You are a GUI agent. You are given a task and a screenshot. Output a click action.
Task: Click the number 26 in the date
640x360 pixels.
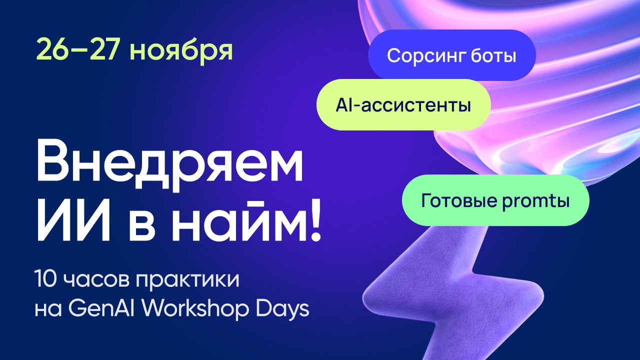(51, 49)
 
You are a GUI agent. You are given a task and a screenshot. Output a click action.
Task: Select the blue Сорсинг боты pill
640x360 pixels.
(451, 55)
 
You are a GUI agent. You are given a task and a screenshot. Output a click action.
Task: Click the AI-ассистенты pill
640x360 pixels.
(403, 105)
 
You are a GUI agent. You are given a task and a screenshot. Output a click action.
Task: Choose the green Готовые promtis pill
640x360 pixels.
(495, 200)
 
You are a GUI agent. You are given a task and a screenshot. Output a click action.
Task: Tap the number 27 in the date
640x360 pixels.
(105, 49)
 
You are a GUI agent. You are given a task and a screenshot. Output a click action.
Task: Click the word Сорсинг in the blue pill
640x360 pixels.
(426, 55)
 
